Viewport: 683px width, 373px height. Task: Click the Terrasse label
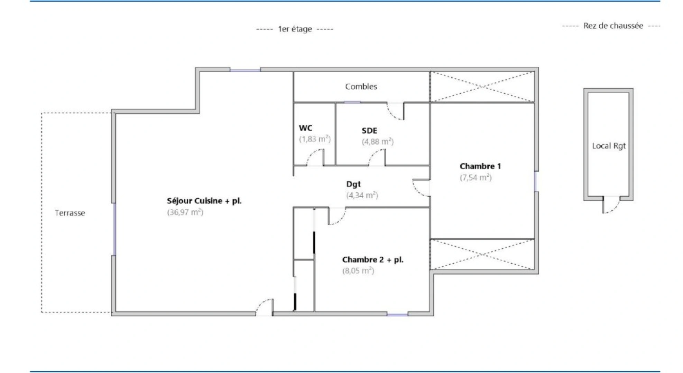[x=70, y=213]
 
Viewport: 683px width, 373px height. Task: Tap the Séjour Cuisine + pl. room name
[x=204, y=201]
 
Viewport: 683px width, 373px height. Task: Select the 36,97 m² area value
[x=185, y=212]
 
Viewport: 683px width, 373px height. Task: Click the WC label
[x=305, y=128]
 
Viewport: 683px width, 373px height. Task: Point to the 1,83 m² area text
[x=315, y=139]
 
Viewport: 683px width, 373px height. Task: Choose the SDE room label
[x=369, y=131]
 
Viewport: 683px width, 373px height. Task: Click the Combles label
[x=361, y=87]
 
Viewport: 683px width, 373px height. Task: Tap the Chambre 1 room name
[x=480, y=166]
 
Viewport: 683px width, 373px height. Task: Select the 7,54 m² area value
[x=476, y=178]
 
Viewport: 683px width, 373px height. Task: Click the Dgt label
[x=353, y=184]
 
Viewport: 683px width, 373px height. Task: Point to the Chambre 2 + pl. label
[x=373, y=260]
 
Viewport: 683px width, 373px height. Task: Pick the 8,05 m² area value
[x=358, y=271]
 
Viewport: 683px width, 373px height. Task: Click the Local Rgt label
[x=609, y=146]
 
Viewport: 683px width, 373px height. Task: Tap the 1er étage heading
[x=295, y=29]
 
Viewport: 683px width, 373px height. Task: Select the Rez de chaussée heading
[x=613, y=26]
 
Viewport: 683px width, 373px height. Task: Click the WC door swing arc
[x=314, y=157]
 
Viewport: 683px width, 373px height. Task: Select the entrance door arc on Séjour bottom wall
[x=264, y=307]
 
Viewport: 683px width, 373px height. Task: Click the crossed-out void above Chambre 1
[x=482, y=87]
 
